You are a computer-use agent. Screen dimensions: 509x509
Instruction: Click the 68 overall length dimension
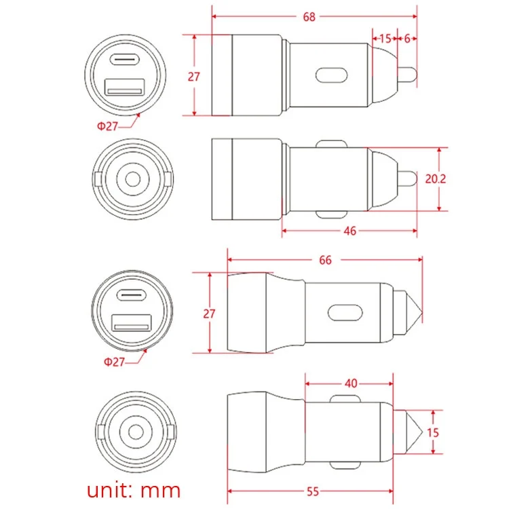pyautogui.click(x=309, y=17)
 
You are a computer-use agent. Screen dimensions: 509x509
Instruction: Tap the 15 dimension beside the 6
pyautogui.click(x=385, y=39)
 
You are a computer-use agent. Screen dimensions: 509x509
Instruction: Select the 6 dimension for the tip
pyautogui.click(x=407, y=39)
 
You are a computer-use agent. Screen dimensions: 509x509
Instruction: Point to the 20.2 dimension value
pyautogui.click(x=436, y=179)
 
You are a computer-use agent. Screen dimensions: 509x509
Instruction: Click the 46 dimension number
pyautogui.click(x=350, y=231)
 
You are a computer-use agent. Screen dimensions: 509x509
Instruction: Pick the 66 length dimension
pyautogui.click(x=325, y=260)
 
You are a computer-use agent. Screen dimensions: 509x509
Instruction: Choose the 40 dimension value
pyautogui.click(x=351, y=383)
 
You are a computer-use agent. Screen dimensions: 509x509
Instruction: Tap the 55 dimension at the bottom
pyautogui.click(x=313, y=492)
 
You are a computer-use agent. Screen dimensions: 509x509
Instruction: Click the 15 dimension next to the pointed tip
pyautogui.click(x=433, y=433)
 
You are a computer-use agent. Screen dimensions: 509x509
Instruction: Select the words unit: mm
pyautogui.click(x=134, y=490)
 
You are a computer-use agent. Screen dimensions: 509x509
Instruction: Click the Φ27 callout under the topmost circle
pyautogui.click(x=107, y=126)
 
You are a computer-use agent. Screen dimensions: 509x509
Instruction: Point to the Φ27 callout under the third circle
pyautogui.click(x=114, y=362)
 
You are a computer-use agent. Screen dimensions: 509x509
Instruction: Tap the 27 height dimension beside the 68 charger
pyautogui.click(x=194, y=77)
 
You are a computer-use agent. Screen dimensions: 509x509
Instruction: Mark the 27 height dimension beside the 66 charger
pyautogui.click(x=209, y=314)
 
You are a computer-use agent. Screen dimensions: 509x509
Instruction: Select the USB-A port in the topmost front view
pyautogui.click(x=124, y=87)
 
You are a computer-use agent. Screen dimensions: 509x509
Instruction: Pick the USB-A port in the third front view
pyautogui.click(x=132, y=322)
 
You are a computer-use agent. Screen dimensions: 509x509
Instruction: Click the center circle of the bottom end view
pyautogui.click(x=136, y=432)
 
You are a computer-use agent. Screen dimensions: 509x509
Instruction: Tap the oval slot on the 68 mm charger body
pyautogui.click(x=331, y=75)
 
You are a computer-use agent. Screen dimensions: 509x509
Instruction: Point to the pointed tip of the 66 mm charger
pyautogui.click(x=422, y=314)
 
